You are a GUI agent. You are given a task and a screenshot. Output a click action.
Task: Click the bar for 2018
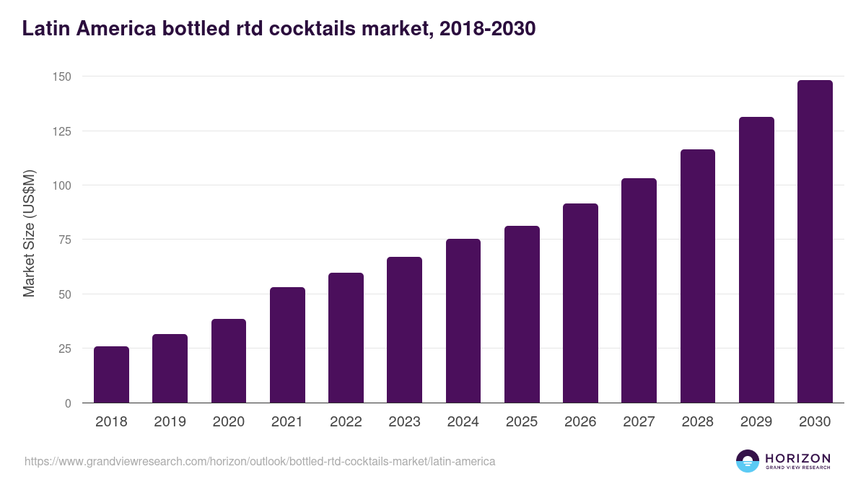[111, 374]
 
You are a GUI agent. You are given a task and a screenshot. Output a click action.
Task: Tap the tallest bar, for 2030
[815, 242]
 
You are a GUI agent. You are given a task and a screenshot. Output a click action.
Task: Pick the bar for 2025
[522, 315]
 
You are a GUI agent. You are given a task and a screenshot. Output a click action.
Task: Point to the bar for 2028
[698, 276]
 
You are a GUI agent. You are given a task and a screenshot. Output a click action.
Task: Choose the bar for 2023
[404, 330]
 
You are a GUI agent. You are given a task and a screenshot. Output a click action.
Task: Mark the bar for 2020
[229, 361]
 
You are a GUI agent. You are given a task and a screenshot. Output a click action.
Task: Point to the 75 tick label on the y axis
[64, 240]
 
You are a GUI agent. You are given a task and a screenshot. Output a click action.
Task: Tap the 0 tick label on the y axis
[68, 403]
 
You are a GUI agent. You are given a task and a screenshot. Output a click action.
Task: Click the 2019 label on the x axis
[170, 422]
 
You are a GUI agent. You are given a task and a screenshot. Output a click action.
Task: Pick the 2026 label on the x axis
[580, 422]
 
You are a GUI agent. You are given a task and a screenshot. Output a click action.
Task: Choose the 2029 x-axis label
[756, 422]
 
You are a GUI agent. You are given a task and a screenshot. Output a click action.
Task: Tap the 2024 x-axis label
[463, 422]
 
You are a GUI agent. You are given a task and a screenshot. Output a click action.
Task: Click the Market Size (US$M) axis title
[29, 232]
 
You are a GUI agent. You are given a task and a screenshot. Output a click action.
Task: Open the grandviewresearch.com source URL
[260, 461]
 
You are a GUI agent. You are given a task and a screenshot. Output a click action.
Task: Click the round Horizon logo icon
[747, 461]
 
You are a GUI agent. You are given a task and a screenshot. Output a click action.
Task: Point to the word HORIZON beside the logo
[797, 457]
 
